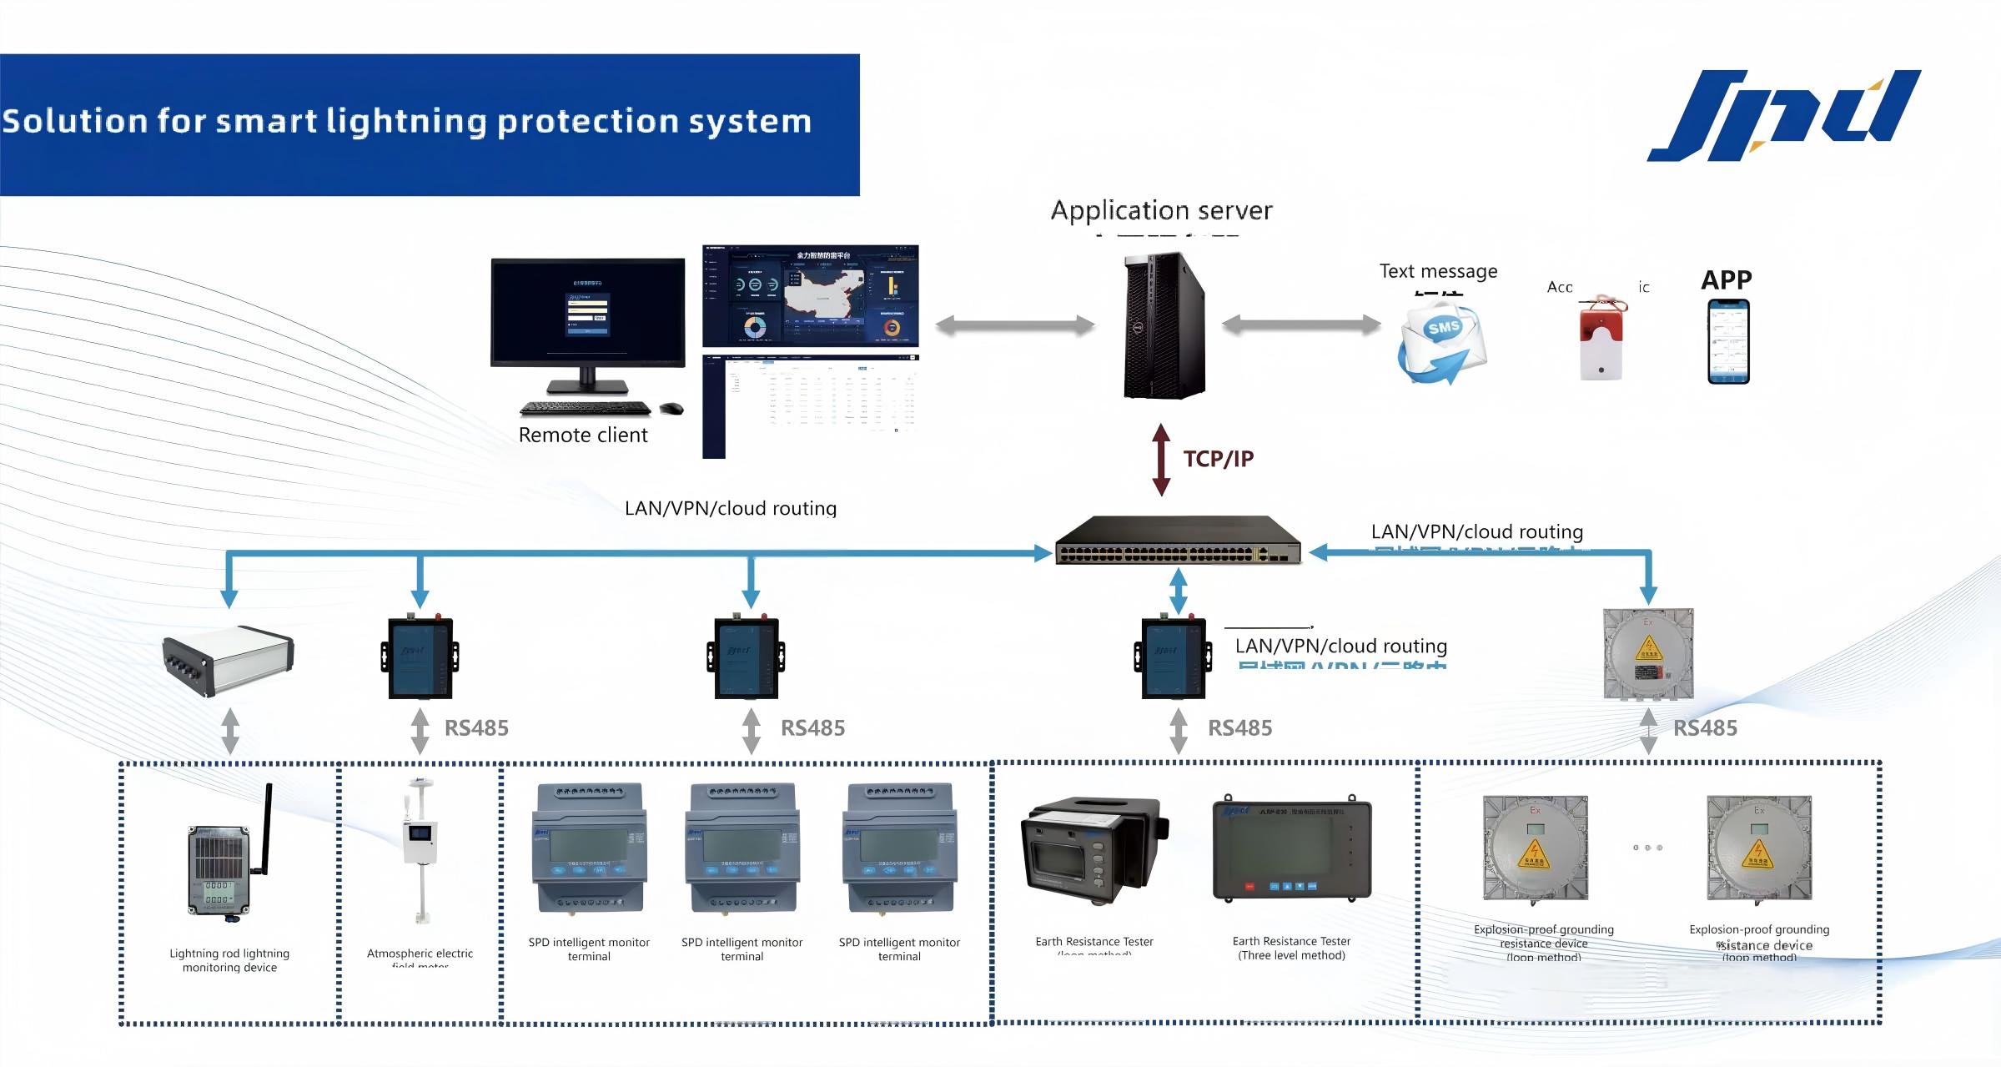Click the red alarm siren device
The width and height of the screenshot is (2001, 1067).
tap(1601, 339)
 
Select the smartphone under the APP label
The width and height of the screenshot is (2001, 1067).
tap(1728, 342)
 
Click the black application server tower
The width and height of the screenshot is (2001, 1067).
tap(1164, 325)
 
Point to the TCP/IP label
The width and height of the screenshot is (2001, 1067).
tap(1218, 459)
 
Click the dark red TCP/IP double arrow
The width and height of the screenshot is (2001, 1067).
tap(1161, 460)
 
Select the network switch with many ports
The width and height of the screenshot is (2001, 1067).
tap(1178, 541)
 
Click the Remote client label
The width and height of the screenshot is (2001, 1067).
tap(582, 435)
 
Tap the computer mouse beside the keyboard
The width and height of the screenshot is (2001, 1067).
tap(671, 408)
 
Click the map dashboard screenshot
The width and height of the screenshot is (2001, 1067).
tap(810, 296)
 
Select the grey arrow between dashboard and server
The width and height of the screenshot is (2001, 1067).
tap(1014, 325)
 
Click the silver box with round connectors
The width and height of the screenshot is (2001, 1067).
tap(228, 660)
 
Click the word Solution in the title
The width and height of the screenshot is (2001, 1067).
tap(75, 122)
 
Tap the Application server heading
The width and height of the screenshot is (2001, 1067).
tap(1161, 210)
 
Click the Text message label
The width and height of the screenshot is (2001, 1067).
tap(1438, 271)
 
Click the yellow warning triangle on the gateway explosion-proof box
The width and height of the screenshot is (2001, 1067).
tap(1648, 648)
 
